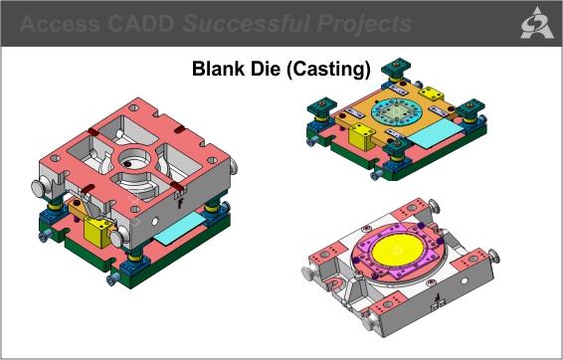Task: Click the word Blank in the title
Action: [217, 71]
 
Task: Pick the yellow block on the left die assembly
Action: [98, 233]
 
